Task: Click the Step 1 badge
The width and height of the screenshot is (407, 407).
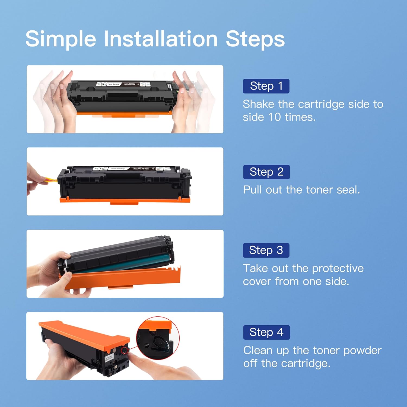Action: [x=266, y=86]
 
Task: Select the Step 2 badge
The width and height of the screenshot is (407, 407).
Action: [x=266, y=172]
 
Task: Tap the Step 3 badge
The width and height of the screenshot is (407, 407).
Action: [x=266, y=250]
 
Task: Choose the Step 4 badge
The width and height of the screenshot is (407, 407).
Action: [x=266, y=332]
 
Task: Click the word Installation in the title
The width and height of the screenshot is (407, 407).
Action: [x=161, y=39]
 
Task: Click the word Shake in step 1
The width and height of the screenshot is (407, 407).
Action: [x=258, y=104]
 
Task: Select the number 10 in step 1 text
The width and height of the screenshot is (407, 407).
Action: [x=274, y=117]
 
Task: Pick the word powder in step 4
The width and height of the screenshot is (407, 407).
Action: [x=362, y=350]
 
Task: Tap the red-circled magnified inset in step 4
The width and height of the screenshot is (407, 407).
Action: [x=158, y=338]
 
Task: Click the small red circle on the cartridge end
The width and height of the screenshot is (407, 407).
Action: [x=125, y=350]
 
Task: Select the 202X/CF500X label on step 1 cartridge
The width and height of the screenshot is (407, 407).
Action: [x=130, y=84]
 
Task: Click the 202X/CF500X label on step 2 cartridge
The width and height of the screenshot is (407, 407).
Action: [x=141, y=169]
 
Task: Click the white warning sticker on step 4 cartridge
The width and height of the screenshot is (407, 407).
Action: [x=109, y=359]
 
